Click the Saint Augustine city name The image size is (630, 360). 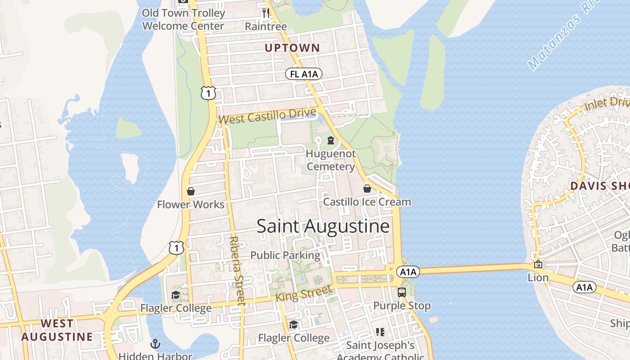coord(323,226)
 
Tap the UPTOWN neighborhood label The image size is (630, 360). coord(292,48)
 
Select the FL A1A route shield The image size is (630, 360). coord(304,74)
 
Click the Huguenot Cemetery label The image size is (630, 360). coord(330,160)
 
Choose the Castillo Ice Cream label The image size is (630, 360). coord(367,202)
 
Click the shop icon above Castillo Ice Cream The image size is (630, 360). coord(367,189)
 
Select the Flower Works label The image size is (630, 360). coord(190,204)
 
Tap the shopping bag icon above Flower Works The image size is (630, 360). coord(191,191)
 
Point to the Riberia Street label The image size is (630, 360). coord(237,271)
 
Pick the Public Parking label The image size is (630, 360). coord(285,255)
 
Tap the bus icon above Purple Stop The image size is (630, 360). coord(402,292)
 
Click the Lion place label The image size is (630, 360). coord(538,278)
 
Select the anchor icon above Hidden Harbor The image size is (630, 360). coord(155,344)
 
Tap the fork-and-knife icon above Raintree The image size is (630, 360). coord(266,13)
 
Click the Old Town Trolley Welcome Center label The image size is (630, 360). coord(183,19)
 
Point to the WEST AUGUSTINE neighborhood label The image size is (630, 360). coord(57,330)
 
